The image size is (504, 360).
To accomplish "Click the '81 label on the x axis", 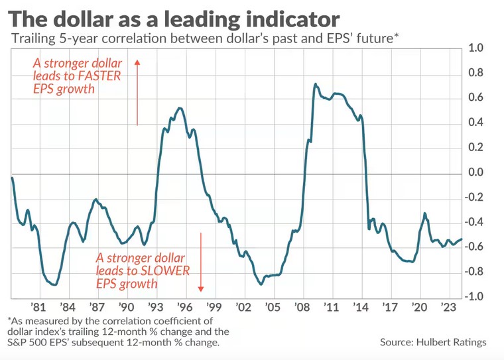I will tap(38, 308).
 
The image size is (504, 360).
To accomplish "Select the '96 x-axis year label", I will tap(184, 308).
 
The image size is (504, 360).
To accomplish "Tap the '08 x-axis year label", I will tap(303, 308).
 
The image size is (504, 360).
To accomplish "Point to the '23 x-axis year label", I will tap(448, 308).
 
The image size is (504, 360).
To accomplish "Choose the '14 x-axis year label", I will tap(361, 308).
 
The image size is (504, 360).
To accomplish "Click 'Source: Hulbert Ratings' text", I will tap(433, 342).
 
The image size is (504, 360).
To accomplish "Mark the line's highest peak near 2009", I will tap(315, 84).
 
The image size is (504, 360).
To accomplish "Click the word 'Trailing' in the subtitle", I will tap(31, 38).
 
